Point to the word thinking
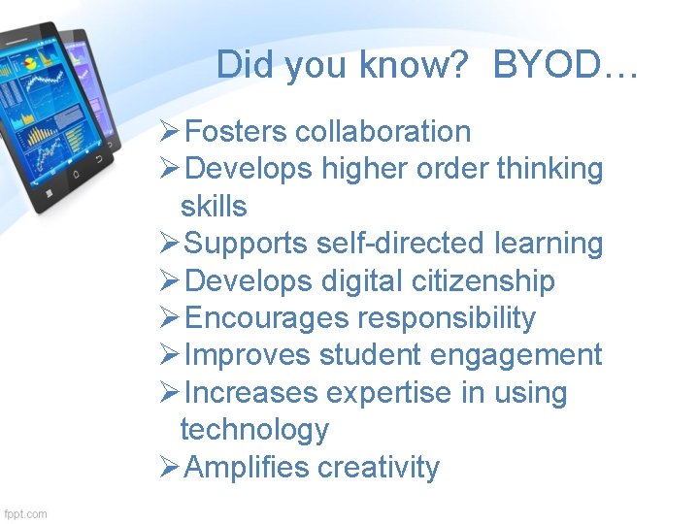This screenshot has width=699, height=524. (x=549, y=169)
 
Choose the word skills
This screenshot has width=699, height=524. (x=214, y=206)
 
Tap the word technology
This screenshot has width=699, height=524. (x=254, y=430)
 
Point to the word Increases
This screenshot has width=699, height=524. (x=251, y=393)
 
